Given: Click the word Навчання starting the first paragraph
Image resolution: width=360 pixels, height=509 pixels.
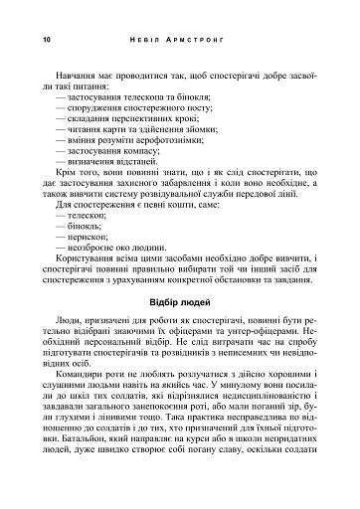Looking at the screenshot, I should click(x=78, y=73).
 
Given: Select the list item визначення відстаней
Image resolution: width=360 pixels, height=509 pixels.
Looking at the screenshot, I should click(x=113, y=167).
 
